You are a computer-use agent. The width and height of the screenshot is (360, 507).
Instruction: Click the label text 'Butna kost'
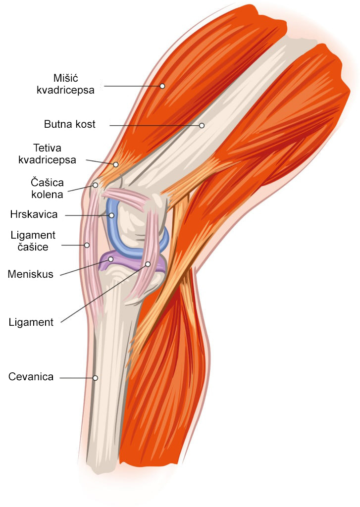(x=69, y=124)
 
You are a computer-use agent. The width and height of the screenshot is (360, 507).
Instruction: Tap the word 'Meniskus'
(x=30, y=274)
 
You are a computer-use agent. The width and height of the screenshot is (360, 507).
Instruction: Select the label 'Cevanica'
(x=31, y=377)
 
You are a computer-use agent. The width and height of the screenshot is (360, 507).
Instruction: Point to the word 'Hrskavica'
(x=34, y=214)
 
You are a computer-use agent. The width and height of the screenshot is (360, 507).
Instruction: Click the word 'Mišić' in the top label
(x=66, y=78)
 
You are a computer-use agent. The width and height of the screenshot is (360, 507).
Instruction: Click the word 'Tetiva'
(x=47, y=148)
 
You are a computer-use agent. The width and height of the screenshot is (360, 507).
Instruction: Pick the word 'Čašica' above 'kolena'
(x=47, y=182)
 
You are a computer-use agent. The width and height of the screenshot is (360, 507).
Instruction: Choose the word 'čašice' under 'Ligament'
(x=33, y=247)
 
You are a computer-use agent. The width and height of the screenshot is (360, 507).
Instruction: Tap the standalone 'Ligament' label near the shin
(x=31, y=322)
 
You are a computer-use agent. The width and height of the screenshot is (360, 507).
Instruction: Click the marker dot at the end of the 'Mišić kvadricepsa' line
(x=162, y=86)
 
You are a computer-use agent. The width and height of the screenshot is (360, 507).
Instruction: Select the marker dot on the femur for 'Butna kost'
(x=202, y=125)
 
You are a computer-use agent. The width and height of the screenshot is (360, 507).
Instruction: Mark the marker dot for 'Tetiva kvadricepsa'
(x=116, y=164)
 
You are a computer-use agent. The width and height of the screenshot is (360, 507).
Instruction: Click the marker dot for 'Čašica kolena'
(x=95, y=185)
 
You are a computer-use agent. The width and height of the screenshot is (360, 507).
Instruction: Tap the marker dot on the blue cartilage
(x=111, y=215)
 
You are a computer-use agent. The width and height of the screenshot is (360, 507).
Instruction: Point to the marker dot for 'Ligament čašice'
(x=87, y=245)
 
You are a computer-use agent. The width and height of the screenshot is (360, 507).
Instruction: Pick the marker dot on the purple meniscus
(x=110, y=259)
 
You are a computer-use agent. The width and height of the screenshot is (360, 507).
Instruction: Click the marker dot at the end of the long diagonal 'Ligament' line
(x=148, y=264)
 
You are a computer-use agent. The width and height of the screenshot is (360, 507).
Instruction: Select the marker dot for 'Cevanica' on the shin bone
(x=95, y=378)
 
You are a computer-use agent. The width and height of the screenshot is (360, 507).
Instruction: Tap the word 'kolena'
(x=47, y=195)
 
